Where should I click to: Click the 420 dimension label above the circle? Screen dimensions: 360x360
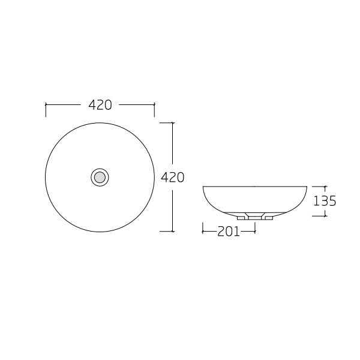(x=100, y=105)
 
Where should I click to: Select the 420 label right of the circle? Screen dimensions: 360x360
(x=173, y=177)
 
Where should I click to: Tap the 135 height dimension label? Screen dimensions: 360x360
(x=325, y=201)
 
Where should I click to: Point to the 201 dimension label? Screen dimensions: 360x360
(x=229, y=231)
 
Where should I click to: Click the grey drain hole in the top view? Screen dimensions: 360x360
(x=100, y=177)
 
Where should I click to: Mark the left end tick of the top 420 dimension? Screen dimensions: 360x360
(x=46, y=109)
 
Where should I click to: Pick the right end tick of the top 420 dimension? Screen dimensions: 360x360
(x=154, y=109)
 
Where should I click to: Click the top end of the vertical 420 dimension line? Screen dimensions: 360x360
(x=173, y=123)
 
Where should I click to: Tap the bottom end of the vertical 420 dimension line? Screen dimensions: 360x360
(x=173, y=231)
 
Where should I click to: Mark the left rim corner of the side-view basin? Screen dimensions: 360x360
(x=203, y=187)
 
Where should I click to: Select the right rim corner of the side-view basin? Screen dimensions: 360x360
(x=307, y=187)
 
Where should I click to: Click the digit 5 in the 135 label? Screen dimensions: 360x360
(x=332, y=201)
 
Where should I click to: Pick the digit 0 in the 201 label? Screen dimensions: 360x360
(x=229, y=231)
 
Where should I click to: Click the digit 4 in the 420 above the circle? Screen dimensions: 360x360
(x=92, y=105)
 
